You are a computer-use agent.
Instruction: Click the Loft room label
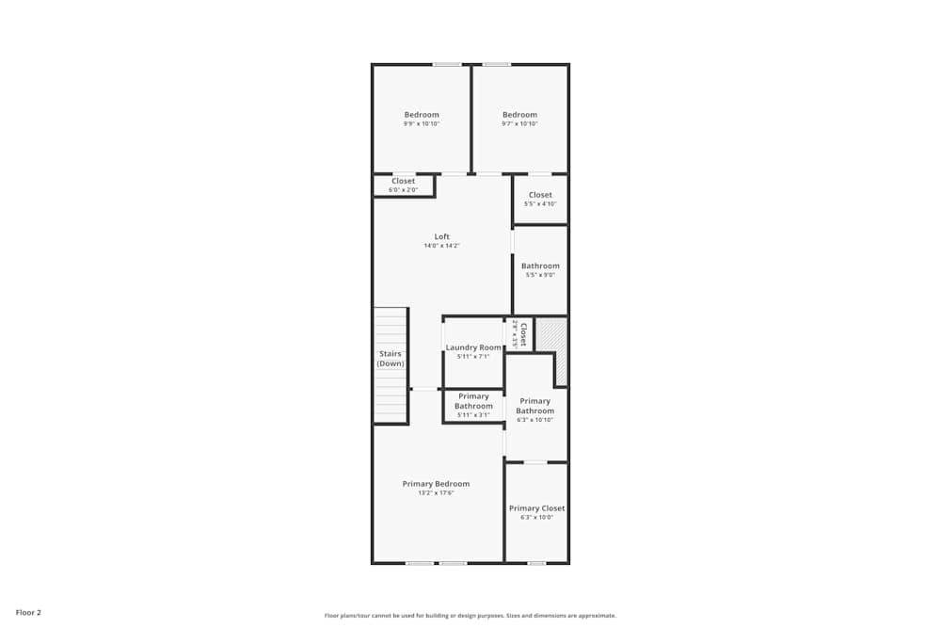coord(441,236)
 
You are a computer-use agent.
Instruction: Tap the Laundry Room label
coord(473,347)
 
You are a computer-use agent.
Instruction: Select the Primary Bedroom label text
coord(436,484)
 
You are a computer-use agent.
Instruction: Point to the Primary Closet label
coord(537,508)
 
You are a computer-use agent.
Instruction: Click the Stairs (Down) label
coord(391,359)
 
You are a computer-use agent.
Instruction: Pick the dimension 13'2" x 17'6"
coord(436,492)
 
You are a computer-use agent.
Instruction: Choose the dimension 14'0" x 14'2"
coord(441,246)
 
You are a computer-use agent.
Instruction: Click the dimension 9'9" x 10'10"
coord(422,123)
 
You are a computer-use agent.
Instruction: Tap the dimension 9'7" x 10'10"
coord(519,123)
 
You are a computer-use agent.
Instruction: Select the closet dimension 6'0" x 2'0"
coord(403,190)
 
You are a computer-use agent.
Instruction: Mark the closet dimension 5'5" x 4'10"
coord(540,203)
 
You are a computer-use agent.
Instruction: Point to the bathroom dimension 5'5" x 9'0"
coord(540,275)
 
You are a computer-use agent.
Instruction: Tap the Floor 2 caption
coord(28,612)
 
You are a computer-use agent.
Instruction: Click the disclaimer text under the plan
coord(470,616)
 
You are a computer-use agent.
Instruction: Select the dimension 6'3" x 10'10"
coord(534,419)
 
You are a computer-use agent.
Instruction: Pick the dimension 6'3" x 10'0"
coord(537,517)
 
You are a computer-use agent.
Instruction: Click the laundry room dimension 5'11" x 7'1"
coord(473,356)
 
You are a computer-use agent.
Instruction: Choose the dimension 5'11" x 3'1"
coord(473,414)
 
